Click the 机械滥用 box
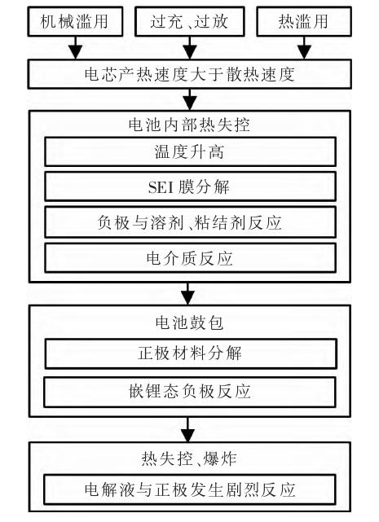point(75,21)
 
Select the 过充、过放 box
point(189,21)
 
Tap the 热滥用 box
point(304,21)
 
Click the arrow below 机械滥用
point(76,47)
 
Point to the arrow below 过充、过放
point(190,47)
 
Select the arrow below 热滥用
point(304,47)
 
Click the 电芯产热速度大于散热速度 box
point(189,74)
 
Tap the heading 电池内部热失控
point(189,125)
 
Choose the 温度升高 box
point(190,151)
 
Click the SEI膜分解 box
point(190,186)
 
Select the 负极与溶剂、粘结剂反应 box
point(190,222)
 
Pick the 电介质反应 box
point(190,258)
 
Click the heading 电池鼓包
point(189,322)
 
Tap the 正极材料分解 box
point(191,353)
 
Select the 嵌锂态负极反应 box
point(189,392)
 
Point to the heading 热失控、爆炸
point(189,458)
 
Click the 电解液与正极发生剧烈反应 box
point(189,489)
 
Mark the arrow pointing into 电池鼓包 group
point(188,294)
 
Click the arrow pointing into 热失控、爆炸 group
point(188,429)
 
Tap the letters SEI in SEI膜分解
point(161,187)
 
